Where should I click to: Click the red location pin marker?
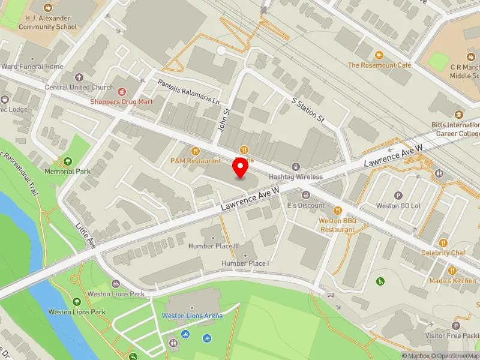point(241,168)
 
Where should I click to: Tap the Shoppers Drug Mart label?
point(121,101)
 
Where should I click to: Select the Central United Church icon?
point(79,77)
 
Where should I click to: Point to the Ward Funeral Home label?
point(32,67)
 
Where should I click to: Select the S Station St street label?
point(308,110)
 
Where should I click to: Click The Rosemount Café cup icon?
point(379,55)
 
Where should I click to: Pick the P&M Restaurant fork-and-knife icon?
point(195,151)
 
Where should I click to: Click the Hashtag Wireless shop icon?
point(295,166)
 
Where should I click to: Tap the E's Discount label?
point(305,205)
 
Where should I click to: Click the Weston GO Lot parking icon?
point(398,196)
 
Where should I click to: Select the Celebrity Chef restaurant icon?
point(443,243)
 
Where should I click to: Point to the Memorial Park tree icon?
point(67,161)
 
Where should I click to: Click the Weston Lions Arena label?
point(192,316)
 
